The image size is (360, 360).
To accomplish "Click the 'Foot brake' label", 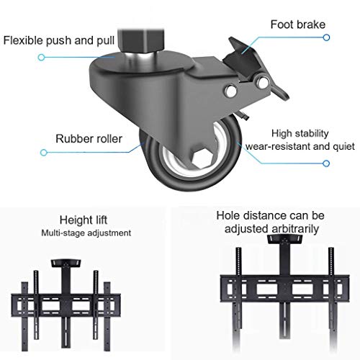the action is (x=298, y=24).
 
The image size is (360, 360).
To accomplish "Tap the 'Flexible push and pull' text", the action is (x=59, y=40).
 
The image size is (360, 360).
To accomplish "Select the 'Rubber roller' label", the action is (x=89, y=139).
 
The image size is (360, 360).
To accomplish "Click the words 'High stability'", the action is (x=300, y=133).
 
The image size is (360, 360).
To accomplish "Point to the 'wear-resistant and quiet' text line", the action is (x=300, y=146).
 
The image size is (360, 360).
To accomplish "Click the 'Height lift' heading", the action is (x=84, y=220).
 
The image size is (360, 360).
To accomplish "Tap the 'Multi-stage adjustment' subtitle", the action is (x=86, y=233).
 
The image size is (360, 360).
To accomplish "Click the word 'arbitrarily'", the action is (x=296, y=229).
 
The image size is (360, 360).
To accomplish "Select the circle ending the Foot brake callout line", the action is (x=326, y=37).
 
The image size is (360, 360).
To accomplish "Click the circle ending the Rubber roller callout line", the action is (x=44, y=153).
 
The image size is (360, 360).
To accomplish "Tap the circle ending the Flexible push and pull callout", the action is (x=42, y=57).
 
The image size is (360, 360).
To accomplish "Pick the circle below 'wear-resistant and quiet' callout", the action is (x=326, y=163).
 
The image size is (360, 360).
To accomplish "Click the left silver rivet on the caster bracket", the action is (x=231, y=91).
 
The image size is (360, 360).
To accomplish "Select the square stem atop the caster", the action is (x=141, y=41).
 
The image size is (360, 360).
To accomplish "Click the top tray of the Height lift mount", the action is (x=66, y=264).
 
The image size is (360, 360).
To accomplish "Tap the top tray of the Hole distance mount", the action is (x=285, y=239).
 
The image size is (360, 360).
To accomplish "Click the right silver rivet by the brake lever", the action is (x=263, y=82).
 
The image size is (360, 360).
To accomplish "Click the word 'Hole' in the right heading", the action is (x=229, y=215).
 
